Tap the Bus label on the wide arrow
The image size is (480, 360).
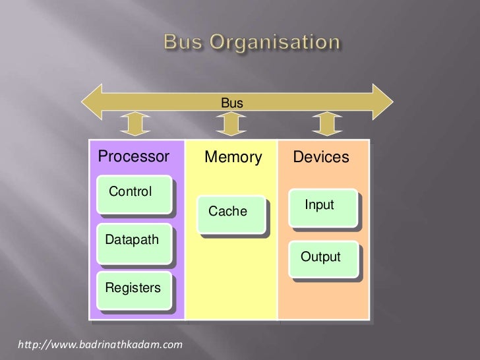[x=232, y=103]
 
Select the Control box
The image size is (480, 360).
[x=134, y=195]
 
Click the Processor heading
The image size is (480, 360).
[x=134, y=158]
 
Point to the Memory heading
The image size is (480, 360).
[x=233, y=158]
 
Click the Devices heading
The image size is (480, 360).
[x=321, y=158]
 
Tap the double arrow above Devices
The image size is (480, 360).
[x=324, y=124]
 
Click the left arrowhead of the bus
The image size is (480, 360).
[x=92, y=102]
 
